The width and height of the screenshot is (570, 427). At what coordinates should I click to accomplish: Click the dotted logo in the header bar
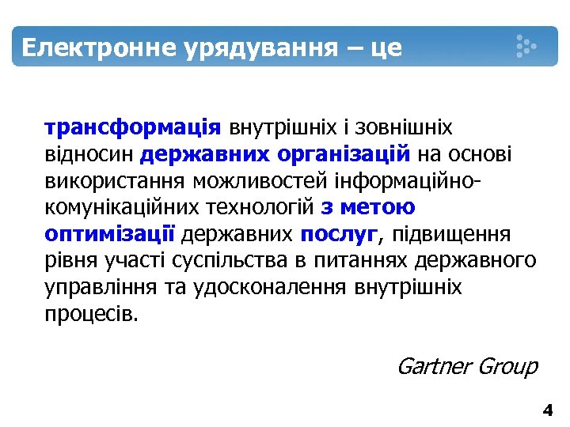(x=525, y=46)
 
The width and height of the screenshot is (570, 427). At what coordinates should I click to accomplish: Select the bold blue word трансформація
(x=134, y=127)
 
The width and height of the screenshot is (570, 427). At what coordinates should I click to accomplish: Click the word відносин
(x=91, y=153)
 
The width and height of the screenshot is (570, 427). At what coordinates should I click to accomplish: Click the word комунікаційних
(x=127, y=207)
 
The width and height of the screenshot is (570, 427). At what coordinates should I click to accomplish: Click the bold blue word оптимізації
(x=110, y=234)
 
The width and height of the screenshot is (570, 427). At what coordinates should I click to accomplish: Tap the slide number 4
(x=547, y=410)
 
